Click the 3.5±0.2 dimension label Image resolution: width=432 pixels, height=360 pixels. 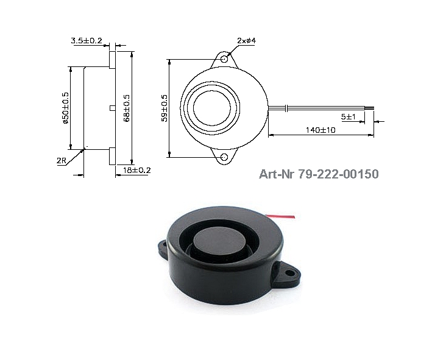click(x=87, y=40)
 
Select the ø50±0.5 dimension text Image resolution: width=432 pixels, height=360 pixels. click(x=65, y=108)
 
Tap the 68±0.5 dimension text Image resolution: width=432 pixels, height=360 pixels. click(x=127, y=108)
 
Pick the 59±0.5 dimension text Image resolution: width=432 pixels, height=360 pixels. click(x=164, y=108)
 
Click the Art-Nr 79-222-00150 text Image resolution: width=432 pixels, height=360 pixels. click(x=318, y=174)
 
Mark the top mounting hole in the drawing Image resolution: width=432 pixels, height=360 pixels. click(x=225, y=60)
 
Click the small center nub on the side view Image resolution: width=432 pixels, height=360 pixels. click(x=112, y=108)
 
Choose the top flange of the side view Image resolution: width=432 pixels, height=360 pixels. click(x=112, y=60)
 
